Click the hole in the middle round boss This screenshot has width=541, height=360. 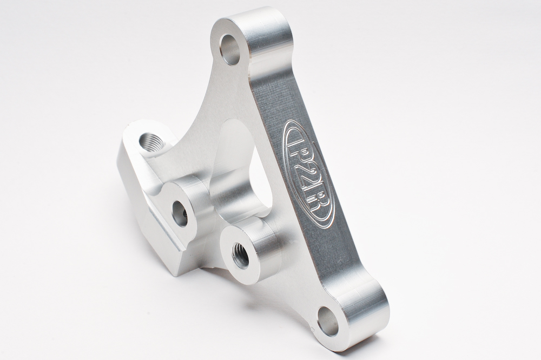(180, 213)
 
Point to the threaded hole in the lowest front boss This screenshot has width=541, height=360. (240, 256)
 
